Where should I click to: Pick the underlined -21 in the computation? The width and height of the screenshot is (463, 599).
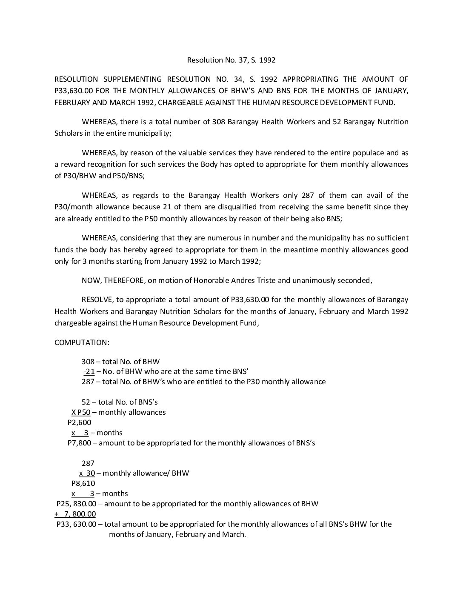89,371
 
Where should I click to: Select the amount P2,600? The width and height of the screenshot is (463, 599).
79,422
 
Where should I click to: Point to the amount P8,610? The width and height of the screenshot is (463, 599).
83,483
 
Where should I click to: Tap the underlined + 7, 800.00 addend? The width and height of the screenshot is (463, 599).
75,514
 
